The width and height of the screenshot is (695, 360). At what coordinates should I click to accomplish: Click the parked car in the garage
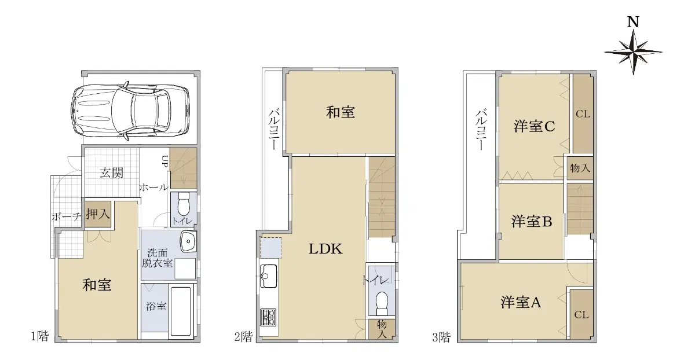click(130, 111)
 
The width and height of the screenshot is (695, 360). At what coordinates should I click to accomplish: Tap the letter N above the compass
click(633, 23)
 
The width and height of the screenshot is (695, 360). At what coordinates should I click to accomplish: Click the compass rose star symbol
click(633, 52)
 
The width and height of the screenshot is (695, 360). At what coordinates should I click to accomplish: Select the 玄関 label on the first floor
click(111, 172)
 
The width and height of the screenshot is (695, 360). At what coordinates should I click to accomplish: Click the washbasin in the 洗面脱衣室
click(188, 241)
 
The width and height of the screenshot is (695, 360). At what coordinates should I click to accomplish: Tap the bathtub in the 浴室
click(181, 311)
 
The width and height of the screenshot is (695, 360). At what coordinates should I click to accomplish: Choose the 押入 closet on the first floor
click(98, 214)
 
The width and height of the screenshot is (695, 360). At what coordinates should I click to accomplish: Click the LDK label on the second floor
click(325, 249)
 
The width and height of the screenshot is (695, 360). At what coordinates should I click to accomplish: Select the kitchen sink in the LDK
click(269, 276)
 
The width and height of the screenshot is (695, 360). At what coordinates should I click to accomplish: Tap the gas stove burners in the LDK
click(268, 317)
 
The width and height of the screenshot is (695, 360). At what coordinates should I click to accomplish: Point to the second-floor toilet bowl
click(382, 303)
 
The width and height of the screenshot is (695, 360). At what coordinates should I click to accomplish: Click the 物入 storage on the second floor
click(382, 329)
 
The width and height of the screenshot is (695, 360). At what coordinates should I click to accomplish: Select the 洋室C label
click(534, 127)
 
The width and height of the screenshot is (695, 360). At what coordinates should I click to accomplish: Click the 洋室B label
click(532, 222)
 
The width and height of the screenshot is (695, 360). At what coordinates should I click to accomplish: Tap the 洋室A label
click(521, 302)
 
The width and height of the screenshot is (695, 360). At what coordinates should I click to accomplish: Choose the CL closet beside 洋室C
click(583, 113)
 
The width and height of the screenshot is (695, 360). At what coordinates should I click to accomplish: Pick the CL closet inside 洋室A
click(581, 315)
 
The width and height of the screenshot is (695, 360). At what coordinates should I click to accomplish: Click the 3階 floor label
click(441, 337)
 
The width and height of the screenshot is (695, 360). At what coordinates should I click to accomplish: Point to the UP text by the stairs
click(164, 161)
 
